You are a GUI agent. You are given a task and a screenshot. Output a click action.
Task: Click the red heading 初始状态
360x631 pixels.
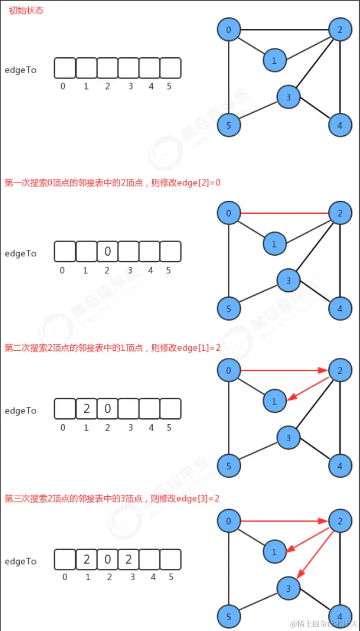tap(26, 10)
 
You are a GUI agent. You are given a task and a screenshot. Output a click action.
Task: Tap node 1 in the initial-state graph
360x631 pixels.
tap(274, 61)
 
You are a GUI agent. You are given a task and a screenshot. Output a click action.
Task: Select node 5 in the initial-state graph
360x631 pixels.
tap(229, 125)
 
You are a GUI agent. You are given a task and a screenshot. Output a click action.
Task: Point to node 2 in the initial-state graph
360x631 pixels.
tap(340, 29)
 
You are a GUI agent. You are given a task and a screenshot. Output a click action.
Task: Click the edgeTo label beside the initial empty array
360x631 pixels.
tap(20, 70)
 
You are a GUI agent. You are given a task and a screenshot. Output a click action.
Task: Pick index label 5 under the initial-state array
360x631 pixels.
tap(169, 86)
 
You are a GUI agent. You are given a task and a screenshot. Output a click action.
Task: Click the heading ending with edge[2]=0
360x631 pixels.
tap(112, 182)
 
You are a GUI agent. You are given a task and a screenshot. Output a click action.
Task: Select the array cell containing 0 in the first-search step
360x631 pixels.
tap(107, 251)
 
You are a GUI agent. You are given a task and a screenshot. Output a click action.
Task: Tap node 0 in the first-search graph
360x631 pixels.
tap(229, 213)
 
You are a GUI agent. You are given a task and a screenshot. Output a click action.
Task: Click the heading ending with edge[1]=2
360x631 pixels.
tap(112, 347)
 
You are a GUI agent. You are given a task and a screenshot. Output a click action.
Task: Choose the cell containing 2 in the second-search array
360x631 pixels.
tap(86, 408)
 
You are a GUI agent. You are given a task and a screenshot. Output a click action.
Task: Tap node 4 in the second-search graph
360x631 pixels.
tap(340, 466)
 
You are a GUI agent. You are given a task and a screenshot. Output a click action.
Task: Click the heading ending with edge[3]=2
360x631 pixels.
tap(112, 498)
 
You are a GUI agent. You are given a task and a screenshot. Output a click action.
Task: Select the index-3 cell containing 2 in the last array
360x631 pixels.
tap(128, 559)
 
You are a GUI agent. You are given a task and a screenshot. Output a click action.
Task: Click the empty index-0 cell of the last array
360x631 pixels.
tap(65, 559)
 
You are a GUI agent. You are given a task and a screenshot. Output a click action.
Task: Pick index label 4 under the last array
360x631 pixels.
tap(152, 577)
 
